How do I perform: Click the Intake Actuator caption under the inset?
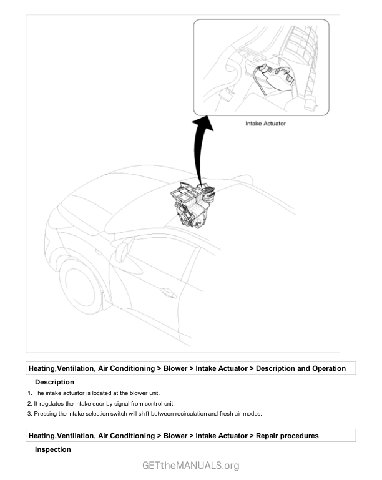point(265,124)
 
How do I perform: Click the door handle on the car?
point(167,291)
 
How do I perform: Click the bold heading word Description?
point(54,382)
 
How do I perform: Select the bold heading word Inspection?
point(52,449)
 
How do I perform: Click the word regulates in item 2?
point(52,403)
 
